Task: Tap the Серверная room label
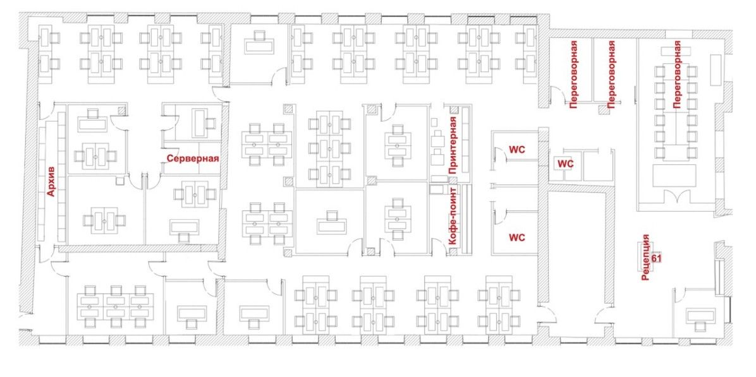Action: click(193, 158)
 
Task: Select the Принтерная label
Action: click(452, 145)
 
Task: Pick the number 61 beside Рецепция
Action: click(655, 258)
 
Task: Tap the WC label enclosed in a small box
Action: click(565, 164)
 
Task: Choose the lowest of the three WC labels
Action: click(517, 237)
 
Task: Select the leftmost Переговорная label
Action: click(573, 74)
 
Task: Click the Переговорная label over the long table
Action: click(677, 74)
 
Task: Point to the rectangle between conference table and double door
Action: click(674, 176)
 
